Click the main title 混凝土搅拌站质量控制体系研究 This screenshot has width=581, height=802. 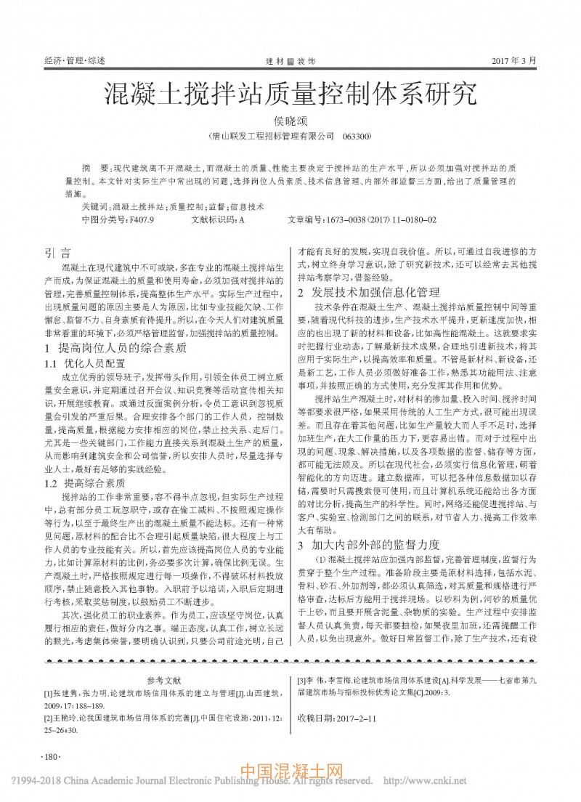[290, 94]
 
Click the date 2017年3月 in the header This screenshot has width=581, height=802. [518, 61]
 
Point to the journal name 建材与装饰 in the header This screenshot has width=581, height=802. [290, 61]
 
